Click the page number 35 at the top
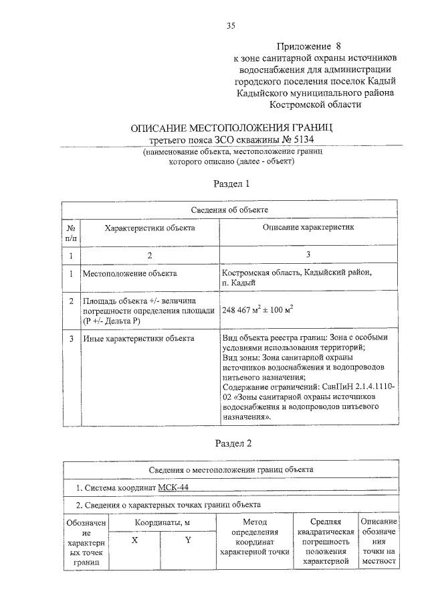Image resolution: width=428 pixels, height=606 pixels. point(231,26)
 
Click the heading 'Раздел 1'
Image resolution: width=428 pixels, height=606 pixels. point(231,183)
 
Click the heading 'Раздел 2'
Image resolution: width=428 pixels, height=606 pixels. point(231,443)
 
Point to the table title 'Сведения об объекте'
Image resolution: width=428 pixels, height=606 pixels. point(230,210)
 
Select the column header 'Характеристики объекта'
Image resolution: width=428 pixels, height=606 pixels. point(150,228)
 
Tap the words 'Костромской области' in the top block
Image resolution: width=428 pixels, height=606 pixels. point(315,104)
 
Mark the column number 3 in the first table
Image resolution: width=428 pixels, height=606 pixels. point(308,255)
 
